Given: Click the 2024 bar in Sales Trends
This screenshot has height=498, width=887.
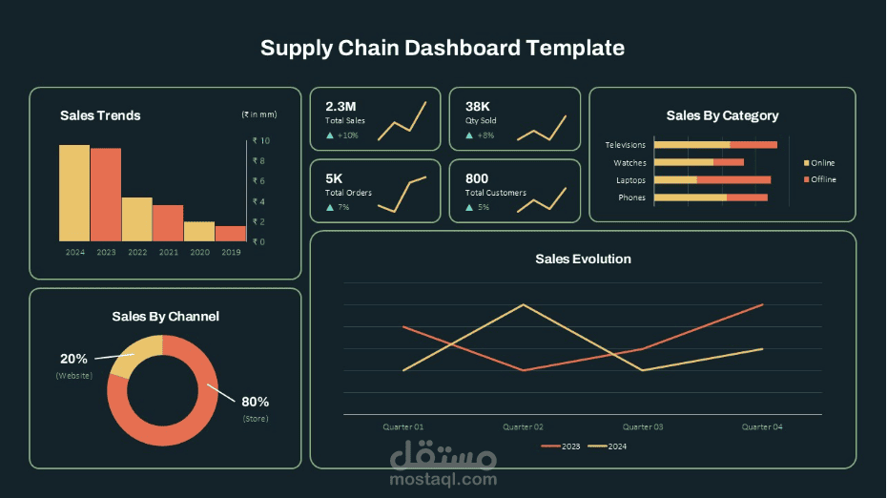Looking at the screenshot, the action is pos(74,193).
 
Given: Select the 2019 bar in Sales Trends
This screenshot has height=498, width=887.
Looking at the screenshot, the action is pos(231,234).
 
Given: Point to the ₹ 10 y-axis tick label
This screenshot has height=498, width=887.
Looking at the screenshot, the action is pos(261,140).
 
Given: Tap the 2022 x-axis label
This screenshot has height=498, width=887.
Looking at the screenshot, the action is pos(137,252).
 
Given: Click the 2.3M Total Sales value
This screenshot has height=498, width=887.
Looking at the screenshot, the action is pos(340,107).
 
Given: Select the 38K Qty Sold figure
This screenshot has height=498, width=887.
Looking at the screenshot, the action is pos(478,107).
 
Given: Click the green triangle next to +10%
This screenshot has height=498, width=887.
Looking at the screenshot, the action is pos(330,135).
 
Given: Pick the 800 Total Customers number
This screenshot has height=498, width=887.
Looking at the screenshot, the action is pos(476,178).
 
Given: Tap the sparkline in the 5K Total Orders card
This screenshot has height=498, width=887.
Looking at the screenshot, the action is pos(402,194).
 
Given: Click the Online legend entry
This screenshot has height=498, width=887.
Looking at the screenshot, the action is pos(819,163).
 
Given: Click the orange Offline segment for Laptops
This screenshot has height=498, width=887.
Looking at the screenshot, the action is pos(733,180).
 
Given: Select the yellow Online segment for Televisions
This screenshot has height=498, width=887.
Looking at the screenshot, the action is pos(691,145).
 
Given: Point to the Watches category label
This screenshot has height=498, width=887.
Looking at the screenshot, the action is pos(629,163).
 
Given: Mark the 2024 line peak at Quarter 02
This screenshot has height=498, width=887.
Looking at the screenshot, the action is pos(523,304).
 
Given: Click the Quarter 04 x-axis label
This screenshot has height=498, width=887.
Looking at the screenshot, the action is pos(762,426).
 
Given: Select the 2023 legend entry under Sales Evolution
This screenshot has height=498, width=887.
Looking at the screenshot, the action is pos(561,446).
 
